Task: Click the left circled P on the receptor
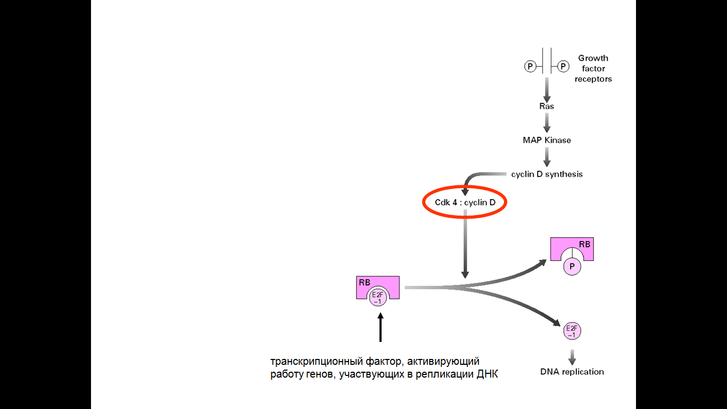click(530, 66)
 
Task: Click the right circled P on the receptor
click(563, 66)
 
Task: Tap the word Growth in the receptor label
click(593, 58)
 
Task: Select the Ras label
click(547, 106)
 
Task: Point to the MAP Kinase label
click(547, 140)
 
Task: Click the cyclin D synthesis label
click(547, 174)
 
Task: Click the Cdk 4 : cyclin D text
click(465, 202)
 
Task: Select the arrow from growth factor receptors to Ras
click(547, 89)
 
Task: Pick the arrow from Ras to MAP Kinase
click(547, 123)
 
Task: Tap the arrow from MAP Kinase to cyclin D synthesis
click(547, 157)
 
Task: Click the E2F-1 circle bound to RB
click(378, 297)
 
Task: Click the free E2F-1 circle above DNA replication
click(572, 331)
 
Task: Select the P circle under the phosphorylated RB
click(572, 266)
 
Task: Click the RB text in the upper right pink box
click(584, 244)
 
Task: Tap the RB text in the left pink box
click(365, 283)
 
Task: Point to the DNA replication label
click(572, 372)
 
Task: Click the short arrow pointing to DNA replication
click(572, 357)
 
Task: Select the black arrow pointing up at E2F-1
click(381, 327)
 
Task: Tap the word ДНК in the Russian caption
click(487, 374)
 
